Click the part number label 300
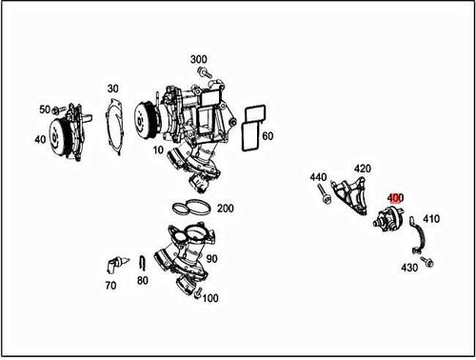point(198,59)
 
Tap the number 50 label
point(44,110)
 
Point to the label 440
point(318,177)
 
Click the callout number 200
point(225,208)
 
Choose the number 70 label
point(110,285)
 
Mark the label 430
point(409,267)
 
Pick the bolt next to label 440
point(325,197)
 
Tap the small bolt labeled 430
point(428,260)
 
